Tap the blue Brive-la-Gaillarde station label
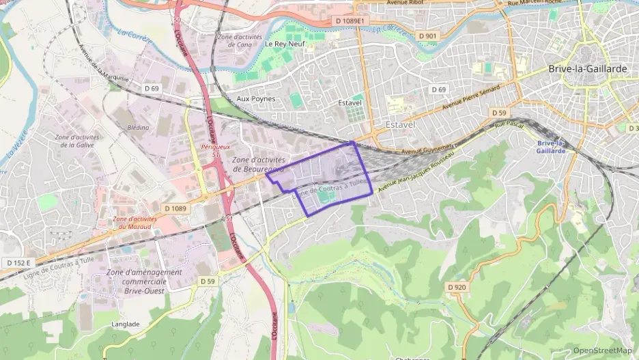[x=552, y=147]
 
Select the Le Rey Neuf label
[x=285, y=44]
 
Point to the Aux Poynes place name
[x=256, y=98]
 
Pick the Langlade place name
[x=124, y=324]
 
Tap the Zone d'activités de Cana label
[x=235, y=40]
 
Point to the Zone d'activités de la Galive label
[x=76, y=141]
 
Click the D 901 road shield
[x=427, y=36]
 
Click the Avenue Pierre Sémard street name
[x=471, y=98]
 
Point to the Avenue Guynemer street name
[x=427, y=148]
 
